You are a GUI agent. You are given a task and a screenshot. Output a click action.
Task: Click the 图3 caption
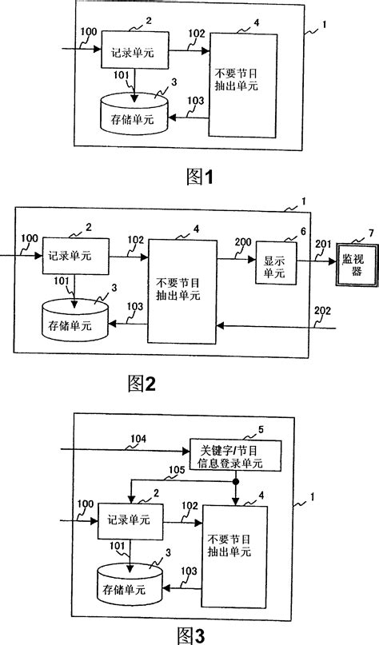tap(192, 634)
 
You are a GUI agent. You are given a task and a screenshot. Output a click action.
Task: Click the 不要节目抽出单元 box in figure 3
tap(234, 543)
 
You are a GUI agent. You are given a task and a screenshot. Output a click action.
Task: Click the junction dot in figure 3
tap(234, 483)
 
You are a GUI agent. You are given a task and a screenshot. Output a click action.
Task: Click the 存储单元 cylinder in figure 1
tap(133, 113)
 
